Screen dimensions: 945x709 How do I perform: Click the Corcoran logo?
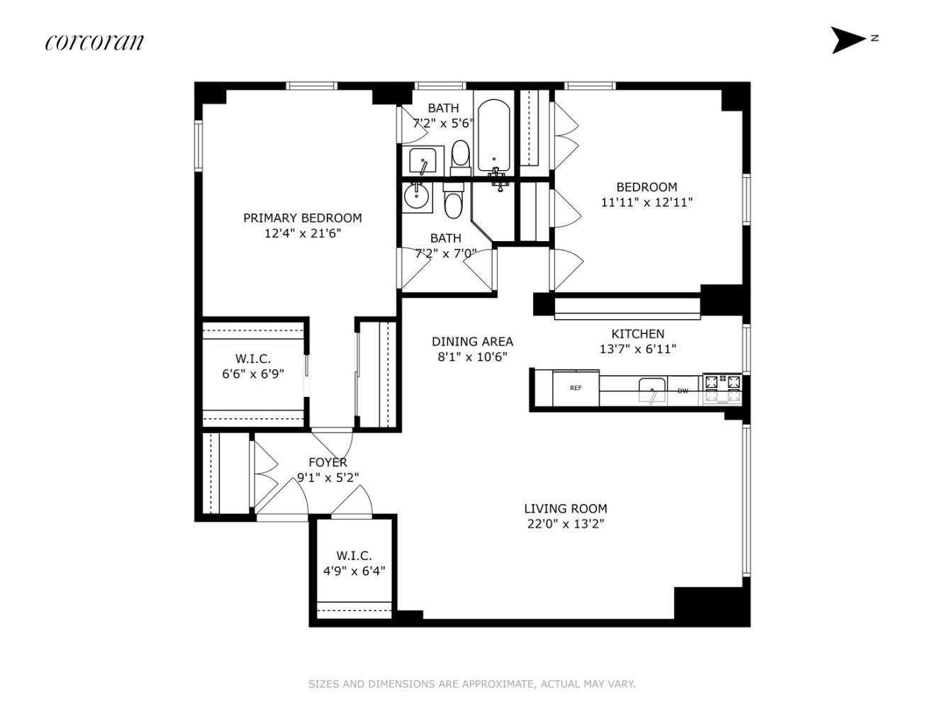pos(94,43)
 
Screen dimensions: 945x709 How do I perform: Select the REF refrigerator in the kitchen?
pos(576,388)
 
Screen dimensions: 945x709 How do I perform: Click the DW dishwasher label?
pos(683,391)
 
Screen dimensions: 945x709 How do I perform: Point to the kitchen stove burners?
pos(722,389)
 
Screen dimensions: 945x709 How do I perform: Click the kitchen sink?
pos(652,391)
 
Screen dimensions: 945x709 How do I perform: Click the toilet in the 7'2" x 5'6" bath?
pos(460,158)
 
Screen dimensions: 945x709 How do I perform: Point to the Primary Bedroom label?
pos(302,218)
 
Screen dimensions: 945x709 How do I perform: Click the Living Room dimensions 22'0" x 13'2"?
pos(566,524)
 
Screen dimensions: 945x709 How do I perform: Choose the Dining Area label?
pos(472,341)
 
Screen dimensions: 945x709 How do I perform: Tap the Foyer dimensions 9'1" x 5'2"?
pos(328,477)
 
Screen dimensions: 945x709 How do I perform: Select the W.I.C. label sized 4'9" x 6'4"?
pos(354,555)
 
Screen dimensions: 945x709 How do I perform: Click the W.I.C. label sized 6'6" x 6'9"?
pos(253,358)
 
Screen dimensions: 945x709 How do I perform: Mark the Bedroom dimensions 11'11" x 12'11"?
pos(647,202)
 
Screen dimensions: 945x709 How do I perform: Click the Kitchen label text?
pos(637,334)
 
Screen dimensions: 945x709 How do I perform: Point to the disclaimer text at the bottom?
pos(472,683)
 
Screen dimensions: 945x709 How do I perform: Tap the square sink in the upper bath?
pos(423,160)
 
